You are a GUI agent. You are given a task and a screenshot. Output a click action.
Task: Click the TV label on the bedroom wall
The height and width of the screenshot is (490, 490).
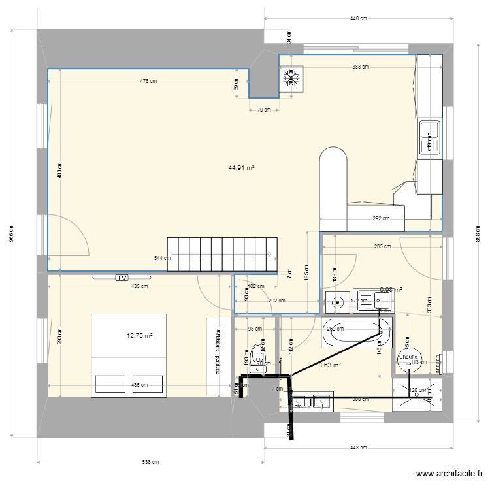click(121, 278)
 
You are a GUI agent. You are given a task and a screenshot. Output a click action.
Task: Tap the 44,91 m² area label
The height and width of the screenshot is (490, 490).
click(241, 167)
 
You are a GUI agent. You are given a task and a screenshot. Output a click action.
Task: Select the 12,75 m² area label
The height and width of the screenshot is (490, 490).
click(140, 336)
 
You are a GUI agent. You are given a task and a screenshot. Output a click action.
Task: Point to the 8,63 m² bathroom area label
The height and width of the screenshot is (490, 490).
click(329, 366)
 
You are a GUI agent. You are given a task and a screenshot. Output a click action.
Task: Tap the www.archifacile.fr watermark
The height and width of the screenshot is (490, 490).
click(450, 475)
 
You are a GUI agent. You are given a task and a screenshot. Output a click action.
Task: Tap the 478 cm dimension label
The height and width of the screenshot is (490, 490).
click(148, 81)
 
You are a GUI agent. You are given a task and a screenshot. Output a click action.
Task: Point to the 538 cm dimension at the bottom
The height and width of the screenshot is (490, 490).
click(150, 463)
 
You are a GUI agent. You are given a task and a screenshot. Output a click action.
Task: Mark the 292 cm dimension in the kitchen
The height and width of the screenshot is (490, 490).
click(382, 220)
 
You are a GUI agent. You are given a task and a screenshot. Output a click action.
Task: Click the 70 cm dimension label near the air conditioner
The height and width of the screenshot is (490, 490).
click(263, 110)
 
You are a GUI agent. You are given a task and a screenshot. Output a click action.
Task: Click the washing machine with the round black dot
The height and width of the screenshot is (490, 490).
click(338, 302)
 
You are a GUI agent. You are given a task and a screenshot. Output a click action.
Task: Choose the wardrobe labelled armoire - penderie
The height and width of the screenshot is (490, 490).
click(215, 356)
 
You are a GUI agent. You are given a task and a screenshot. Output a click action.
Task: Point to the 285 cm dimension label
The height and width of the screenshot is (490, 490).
click(382, 246)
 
